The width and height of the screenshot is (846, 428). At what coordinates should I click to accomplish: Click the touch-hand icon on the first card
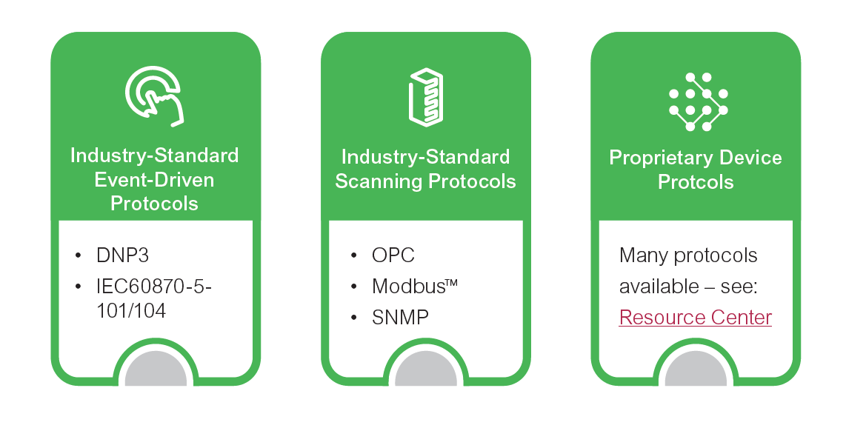tap(155, 96)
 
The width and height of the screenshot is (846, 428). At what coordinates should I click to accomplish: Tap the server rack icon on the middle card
tap(426, 97)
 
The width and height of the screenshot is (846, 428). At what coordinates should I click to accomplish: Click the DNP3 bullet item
tap(122, 255)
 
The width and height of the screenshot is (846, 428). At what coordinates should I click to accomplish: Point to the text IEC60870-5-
tap(154, 286)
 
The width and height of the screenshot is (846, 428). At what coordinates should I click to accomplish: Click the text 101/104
tap(131, 310)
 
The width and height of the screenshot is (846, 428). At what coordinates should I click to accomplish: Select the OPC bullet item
tap(393, 255)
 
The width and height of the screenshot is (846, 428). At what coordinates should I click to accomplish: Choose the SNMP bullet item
tap(400, 317)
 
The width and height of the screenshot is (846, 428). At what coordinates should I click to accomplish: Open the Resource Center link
tap(696, 317)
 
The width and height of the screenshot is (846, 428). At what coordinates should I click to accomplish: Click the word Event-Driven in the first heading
tap(154, 179)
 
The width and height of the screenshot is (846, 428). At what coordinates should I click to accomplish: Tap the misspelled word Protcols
tap(696, 181)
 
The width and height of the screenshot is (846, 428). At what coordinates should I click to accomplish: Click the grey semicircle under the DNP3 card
tap(156, 368)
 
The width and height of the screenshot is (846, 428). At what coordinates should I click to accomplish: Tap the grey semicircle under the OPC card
tap(426, 368)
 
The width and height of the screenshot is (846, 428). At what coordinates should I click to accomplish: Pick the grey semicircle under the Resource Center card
tap(696, 368)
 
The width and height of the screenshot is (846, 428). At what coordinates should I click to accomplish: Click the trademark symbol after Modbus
tap(452, 282)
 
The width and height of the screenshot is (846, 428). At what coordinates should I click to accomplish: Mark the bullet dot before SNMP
tap(353, 318)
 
